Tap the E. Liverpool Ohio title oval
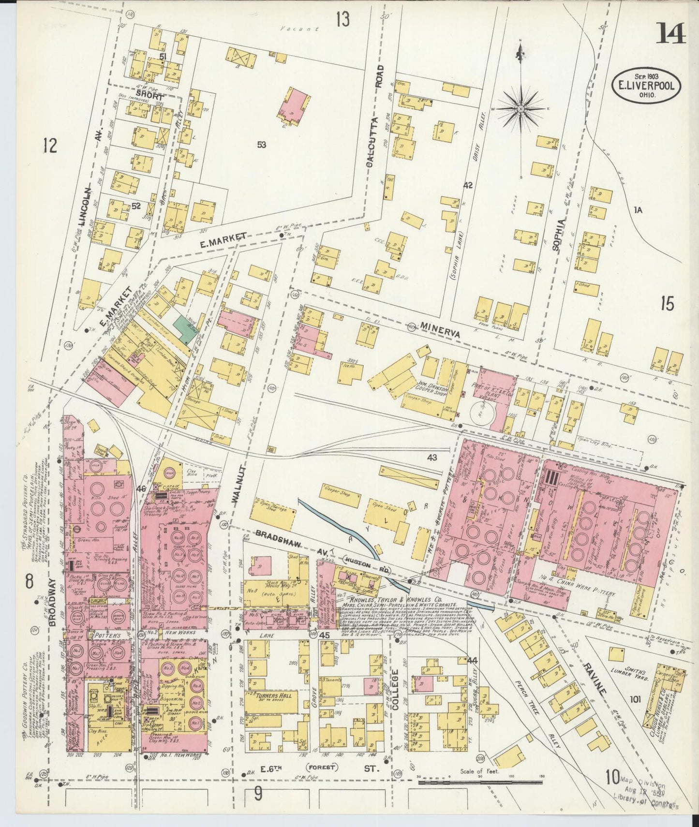coord(646,86)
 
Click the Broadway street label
coord(53,602)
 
